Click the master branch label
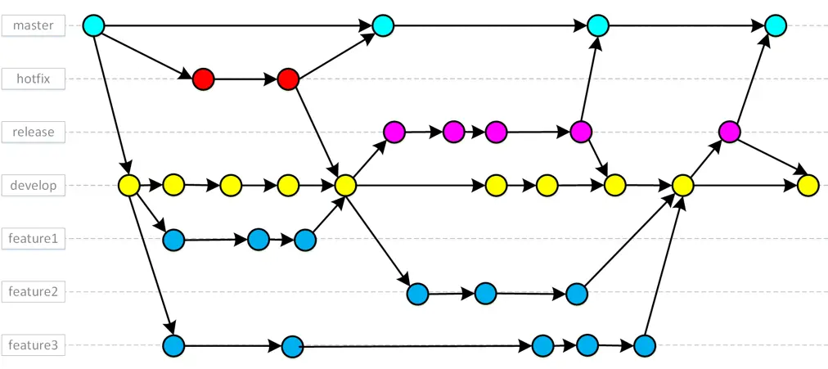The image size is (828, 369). coord(33,25)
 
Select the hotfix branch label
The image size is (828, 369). coord(33,79)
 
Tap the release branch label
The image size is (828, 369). coord(33,132)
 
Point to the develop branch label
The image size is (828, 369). coord(33,185)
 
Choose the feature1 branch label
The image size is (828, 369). coord(33,238)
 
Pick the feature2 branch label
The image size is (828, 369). coord(33,291)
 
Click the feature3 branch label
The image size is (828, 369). coord(33,344)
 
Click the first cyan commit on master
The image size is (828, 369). coord(94,25)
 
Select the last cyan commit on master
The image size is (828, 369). coord(775,25)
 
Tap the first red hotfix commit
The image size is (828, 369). coord(203,79)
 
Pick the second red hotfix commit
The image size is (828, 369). coord(287,79)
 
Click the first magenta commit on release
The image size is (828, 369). coord(394,131)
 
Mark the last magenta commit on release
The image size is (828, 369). coord(729,131)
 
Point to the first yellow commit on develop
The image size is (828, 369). coord(128,185)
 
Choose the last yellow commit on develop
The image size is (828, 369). coord(808,186)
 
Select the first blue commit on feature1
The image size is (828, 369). coord(173,240)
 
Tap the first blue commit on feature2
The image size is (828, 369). coord(417,293)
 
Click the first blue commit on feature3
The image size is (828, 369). coord(173,345)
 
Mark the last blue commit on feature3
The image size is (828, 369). coord(645,345)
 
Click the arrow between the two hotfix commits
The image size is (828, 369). coord(245,79)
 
